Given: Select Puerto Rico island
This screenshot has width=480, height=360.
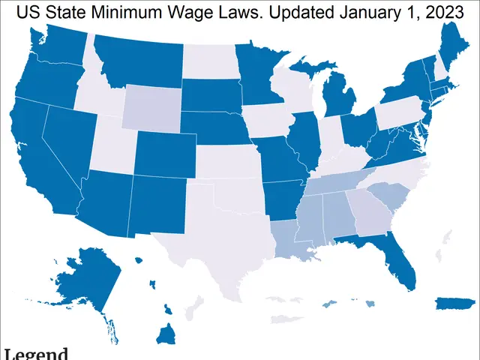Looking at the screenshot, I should coord(456,302).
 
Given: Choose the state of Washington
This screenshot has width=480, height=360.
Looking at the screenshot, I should coord(56,49).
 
